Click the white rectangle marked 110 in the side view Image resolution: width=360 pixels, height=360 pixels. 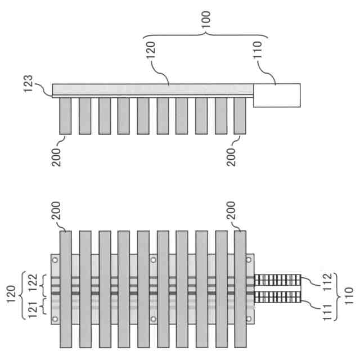coord(277,95)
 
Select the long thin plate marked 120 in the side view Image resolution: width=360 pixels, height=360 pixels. coord(152,89)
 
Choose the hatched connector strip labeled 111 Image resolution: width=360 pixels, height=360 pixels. coord(277,299)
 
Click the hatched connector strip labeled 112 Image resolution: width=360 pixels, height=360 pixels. coord(277,280)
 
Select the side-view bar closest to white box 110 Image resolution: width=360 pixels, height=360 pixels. coord(240,115)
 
